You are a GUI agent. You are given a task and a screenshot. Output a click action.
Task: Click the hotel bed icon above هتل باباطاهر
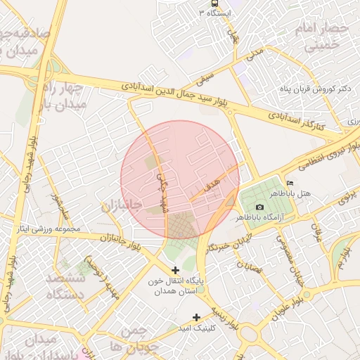[290, 184]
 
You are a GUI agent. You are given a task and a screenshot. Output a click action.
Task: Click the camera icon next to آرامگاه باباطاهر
[259, 207]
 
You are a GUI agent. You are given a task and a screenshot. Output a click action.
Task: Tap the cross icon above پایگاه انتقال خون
[175, 270]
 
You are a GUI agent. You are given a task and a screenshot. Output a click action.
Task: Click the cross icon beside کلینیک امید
[196, 317]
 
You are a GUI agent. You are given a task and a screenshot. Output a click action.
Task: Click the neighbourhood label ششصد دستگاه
[65, 287]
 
